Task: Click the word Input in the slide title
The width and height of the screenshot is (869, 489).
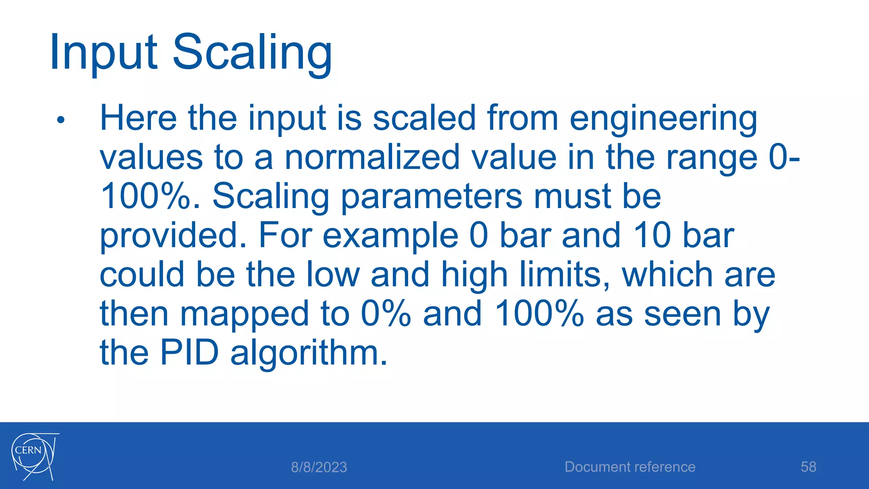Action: click(104, 53)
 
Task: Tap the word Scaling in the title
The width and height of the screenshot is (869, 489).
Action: click(252, 53)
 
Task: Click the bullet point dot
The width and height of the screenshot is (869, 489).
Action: click(61, 120)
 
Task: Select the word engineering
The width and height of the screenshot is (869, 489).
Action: click(663, 119)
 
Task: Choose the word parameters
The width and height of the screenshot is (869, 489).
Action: click(432, 197)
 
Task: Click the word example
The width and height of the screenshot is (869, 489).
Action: click(390, 236)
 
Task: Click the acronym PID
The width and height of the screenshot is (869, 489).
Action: click(189, 353)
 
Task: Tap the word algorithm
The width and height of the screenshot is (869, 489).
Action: click(308, 354)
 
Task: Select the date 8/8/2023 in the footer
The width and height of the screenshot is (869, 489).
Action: click(319, 467)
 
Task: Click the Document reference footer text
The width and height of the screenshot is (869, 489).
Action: click(630, 467)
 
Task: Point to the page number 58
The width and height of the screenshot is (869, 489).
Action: click(808, 467)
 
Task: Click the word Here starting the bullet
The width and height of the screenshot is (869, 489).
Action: click(138, 118)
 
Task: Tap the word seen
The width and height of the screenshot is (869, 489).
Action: click(683, 315)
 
